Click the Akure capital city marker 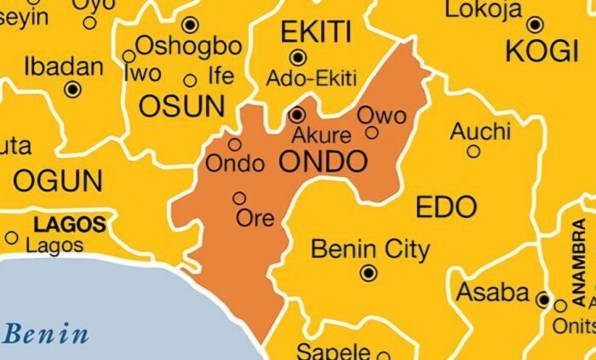(x=297, y=114)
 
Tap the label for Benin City (x=370, y=249)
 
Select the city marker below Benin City (x=369, y=273)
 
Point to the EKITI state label (x=315, y=31)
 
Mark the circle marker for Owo (x=372, y=132)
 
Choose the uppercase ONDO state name (x=324, y=160)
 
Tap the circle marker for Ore (x=239, y=198)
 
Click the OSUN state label (x=181, y=106)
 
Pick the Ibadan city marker (x=73, y=89)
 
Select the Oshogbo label (x=188, y=44)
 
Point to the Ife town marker (x=191, y=82)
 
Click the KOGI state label (x=542, y=52)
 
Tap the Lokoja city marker (x=535, y=25)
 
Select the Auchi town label (x=480, y=131)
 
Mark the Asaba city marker (x=543, y=299)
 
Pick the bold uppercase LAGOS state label (x=70, y=225)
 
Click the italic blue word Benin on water (x=46, y=333)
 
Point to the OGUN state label (x=58, y=180)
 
